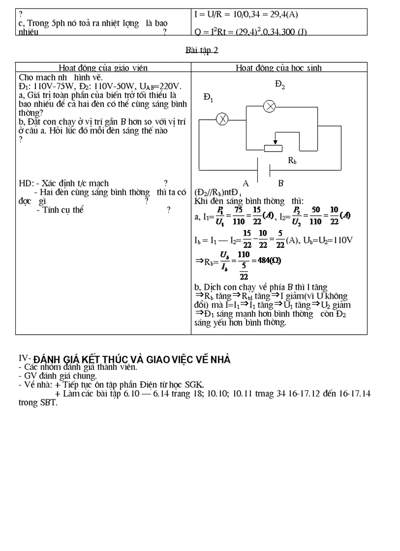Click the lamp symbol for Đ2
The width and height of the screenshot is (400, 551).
[x=269, y=106]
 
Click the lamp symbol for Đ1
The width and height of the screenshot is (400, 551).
[x=223, y=118]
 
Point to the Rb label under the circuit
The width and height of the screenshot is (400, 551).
[x=292, y=161]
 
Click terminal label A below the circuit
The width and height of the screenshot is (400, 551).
[x=246, y=183]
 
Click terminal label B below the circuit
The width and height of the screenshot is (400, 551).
[x=281, y=183]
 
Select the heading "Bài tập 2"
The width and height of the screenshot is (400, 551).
[x=202, y=51]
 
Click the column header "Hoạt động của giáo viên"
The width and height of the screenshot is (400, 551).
[x=103, y=68]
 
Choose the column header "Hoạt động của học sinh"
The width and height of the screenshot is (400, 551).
[x=279, y=68]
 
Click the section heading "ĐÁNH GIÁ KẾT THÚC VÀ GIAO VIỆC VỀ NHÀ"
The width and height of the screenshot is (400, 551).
[x=132, y=359]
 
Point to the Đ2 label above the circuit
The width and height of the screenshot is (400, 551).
[x=280, y=86]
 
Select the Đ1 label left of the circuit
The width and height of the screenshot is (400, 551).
[x=208, y=99]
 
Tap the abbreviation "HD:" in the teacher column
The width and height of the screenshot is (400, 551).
[x=25, y=183]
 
